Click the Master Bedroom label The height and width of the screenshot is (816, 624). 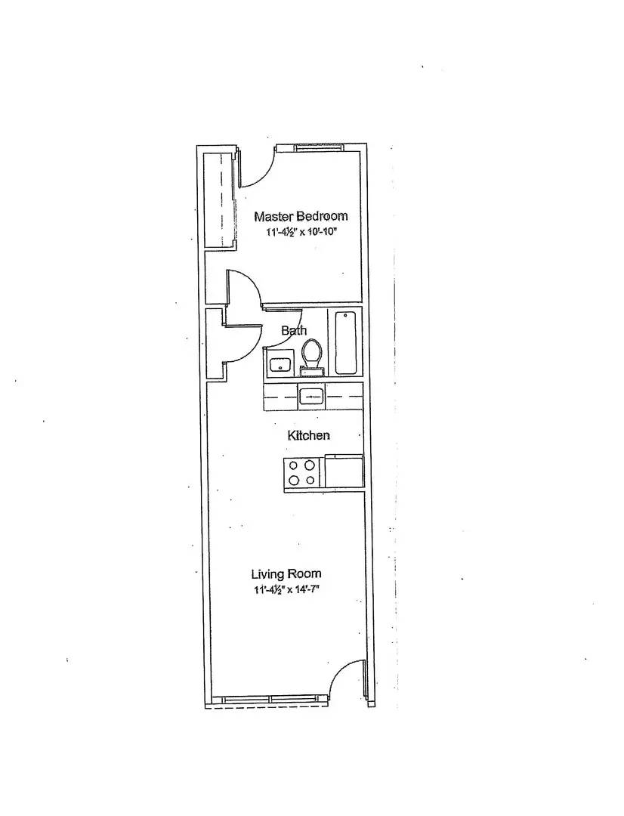pyautogui.click(x=301, y=216)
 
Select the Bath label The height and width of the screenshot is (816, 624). pyautogui.click(x=294, y=330)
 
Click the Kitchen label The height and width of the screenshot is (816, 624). pyautogui.click(x=309, y=435)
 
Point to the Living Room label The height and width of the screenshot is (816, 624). pyautogui.click(x=286, y=574)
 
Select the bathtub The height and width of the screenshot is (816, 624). pyautogui.click(x=345, y=342)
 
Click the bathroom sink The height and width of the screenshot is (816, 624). pyautogui.click(x=280, y=363)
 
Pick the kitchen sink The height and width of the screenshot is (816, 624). pyautogui.click(x=311, y=397)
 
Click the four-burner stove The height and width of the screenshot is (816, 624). pyautogui.click(x=303, y=472)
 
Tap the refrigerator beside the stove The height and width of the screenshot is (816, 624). pyautogui.click(x=344, y=471)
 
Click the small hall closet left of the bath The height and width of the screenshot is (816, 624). pyautogui.click(x=215, y=344)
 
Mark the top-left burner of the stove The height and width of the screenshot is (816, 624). pyautogui.click(x=294, y=465)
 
